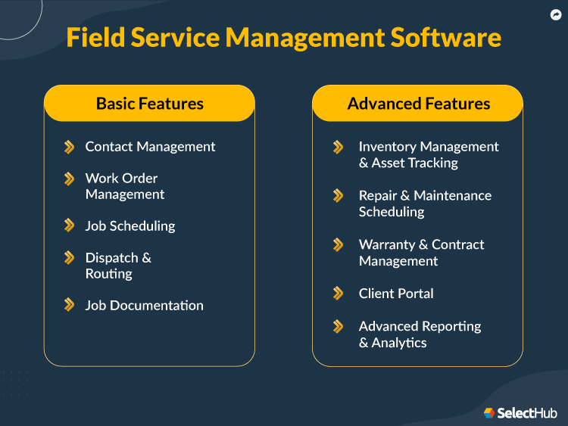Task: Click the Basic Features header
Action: point(149,104)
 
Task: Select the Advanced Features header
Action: point(418,104)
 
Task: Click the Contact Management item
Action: point(150,147)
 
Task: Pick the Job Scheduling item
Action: point(130,225)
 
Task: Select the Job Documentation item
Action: point(144,306)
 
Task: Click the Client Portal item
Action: point(396,294)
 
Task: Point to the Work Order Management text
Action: point(124,186)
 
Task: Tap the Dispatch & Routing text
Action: point(118,266)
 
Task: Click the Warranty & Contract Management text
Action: point(421,253)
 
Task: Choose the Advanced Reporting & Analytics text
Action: point(420,334)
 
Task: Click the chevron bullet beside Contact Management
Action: point(70,147)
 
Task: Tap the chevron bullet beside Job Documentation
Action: point(70,305)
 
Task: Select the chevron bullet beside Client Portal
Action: point(339,293)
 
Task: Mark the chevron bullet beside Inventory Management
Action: point(339,147)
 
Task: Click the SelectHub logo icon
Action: point(489,413)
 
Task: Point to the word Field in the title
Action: point(94,37)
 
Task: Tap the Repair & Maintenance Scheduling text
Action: point(425,204)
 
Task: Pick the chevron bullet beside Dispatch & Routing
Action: point(70,257)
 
